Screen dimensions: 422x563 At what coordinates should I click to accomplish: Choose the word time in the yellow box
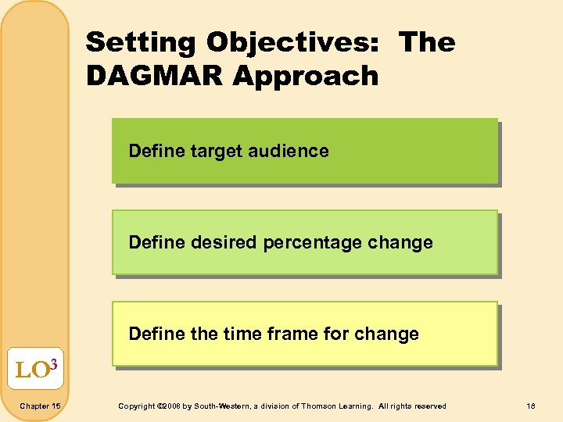pos(242,334)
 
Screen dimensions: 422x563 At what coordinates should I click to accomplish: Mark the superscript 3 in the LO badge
pos(54,361)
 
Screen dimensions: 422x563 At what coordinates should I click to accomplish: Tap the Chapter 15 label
pos(40,406)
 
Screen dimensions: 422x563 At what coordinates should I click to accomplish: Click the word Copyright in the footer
pos(136,406)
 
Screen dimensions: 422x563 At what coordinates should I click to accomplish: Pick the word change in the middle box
pos(401,242)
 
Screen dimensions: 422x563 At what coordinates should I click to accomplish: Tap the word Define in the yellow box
pos(155,334)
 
